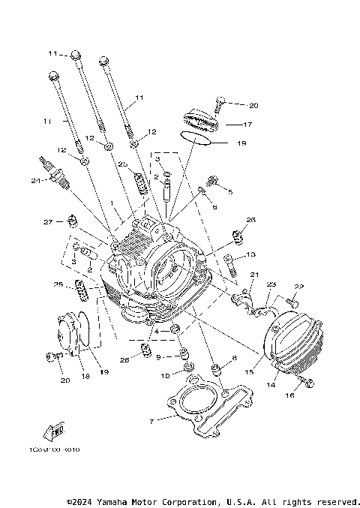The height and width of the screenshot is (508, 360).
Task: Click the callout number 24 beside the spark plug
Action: pyautogui.click(x=34, y=180)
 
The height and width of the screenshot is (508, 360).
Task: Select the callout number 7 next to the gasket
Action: pyautogui.click(x=151, y=421)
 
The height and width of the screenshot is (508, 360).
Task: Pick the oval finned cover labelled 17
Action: pyautogui.click(x=201, y=121)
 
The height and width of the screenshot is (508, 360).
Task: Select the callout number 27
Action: pyautogui.click(x=47, y=222)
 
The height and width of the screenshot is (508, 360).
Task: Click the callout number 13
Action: pyautogui.click(x=251, y=255)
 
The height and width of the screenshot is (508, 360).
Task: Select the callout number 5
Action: pyautogui.click(x=230, y=192)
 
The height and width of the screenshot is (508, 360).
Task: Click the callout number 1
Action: pyautogui.click(x=112, y=203)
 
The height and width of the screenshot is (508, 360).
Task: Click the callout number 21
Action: pyautogui.click(x=253, y=275)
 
